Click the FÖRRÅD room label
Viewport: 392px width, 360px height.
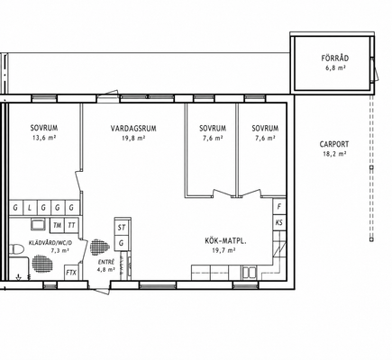click(x=335, y=58)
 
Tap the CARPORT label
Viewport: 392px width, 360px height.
click(x=334, y=144)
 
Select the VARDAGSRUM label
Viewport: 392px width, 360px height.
click(x=133, y=129)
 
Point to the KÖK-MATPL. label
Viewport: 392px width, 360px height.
click(x=225, y=240)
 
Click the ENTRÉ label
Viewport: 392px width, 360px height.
click(x=106, y=262)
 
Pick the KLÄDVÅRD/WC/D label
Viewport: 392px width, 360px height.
click(x=50, y=243)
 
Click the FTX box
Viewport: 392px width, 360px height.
click(x=71, y=273)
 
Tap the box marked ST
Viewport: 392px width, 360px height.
click(x=122, y=228)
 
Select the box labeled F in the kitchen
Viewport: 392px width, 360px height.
click(x=279, y=207)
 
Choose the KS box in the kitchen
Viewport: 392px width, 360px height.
click(x=279, y=222)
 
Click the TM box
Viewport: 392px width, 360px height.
click(x=57, y=225)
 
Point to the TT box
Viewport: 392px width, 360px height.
click(x=71, y=225)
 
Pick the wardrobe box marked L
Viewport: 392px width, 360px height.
click(x=30, y=208)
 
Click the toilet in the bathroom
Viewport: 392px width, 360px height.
click(x=16, y=249)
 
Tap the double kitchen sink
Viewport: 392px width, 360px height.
click(x=250, y=273)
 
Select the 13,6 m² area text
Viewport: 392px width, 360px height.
click(x=44, y=138)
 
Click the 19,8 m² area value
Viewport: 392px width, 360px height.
click(x=133, y=139)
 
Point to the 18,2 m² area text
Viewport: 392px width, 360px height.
click(x=334, y=154)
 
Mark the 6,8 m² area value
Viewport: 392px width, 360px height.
click(x=335, y=67)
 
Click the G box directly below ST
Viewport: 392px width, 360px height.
click(x=122, y=243)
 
